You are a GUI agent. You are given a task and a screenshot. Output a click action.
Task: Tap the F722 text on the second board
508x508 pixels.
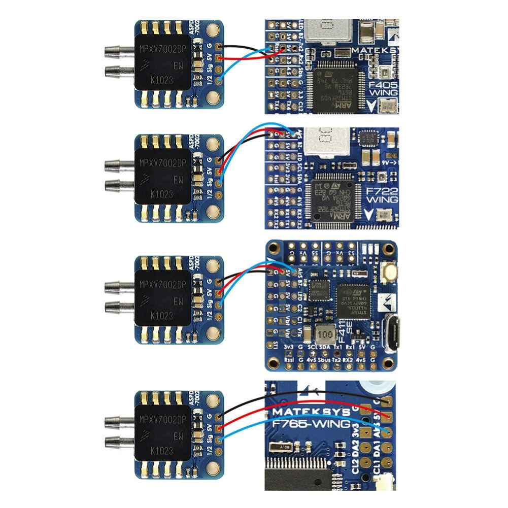(x=382, y=192)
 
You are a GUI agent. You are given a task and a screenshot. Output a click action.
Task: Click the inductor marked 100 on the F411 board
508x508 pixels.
(x=325, y=335)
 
